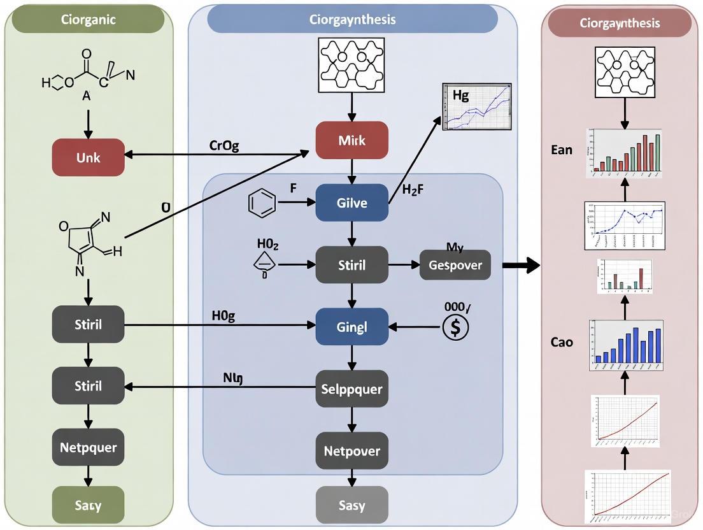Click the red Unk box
[x=88, y=157]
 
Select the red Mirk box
[x=352, y=140]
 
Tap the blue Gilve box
[x=352, y=203]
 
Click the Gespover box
[x=455, y=265]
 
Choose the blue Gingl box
[x=352, y=327]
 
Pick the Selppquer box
[x=352, y=389]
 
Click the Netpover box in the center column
[x=352, y=451]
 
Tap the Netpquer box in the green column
[x=88, y=447]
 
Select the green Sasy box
[x=88, y=506]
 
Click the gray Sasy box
[x=352, y=506]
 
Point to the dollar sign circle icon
[x=455, y=327]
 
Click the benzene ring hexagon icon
[x=261, y=204]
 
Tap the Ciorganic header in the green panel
[x=88, y=19]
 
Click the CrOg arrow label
[x=224, y=145]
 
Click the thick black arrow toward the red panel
[x=520, y=265]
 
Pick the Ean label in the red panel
[x=562, y=150]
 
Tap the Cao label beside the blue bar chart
[x=562, y=342]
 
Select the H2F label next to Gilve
[x=413, y=189]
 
